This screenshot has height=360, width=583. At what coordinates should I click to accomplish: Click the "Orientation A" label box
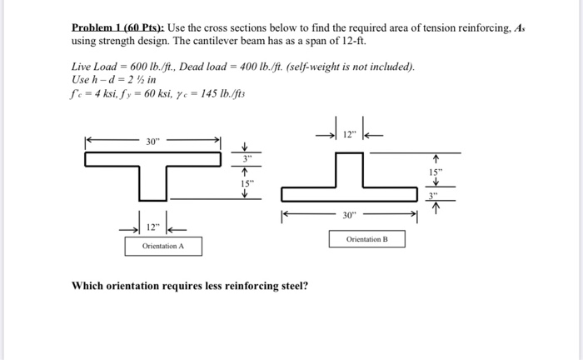click(x=163, y=246)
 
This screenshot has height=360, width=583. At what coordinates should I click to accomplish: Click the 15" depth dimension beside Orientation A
click(x=244, y=182)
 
